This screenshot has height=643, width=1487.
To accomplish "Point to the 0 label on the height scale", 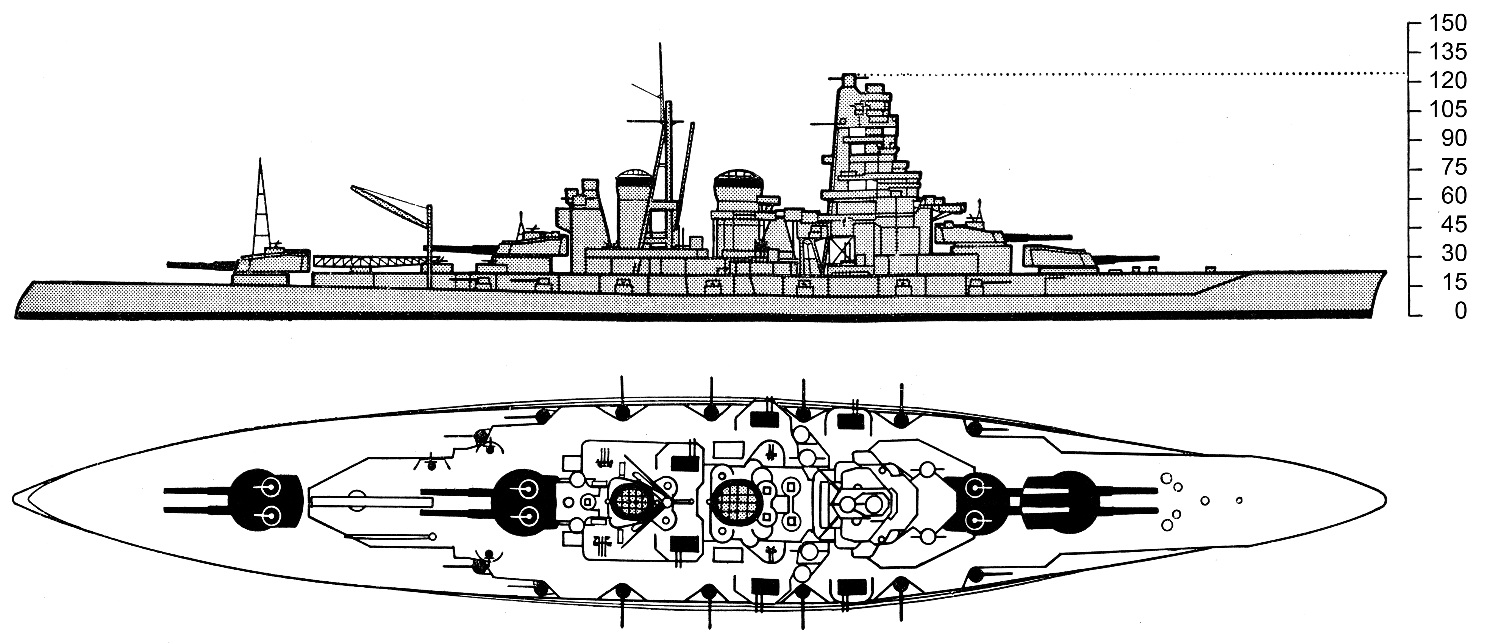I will click(1460, 311).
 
